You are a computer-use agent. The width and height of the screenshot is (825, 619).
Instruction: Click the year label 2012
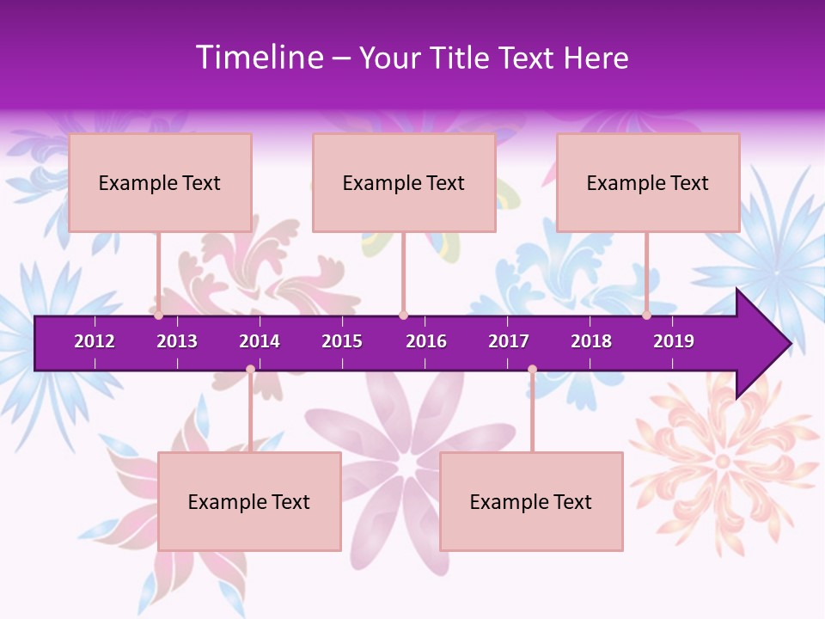tap(95, 341)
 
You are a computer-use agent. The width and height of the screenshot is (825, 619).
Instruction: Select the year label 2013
tap(177, 341)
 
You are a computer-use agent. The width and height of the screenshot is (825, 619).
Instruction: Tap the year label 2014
tap(260, 341)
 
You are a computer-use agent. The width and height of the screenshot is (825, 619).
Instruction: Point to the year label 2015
tap(342, 341)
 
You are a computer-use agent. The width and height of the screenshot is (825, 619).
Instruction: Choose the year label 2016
tap(426, 341)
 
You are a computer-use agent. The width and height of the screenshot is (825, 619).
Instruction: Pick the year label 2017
tap(509, 341)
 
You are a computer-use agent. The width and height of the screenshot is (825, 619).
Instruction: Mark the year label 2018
tap(591, 341)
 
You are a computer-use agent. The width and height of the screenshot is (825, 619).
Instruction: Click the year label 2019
tap(674, 341)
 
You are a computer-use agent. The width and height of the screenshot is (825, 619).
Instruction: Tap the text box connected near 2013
tap(160, 182)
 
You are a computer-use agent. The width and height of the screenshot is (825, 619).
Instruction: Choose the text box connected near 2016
tap(404, 182)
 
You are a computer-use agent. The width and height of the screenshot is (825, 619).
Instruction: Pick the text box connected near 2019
tap(648, 182)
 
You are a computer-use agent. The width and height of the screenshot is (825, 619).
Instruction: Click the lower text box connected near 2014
tap(249, 501)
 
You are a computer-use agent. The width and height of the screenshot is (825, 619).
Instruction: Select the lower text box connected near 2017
tap(531, 501)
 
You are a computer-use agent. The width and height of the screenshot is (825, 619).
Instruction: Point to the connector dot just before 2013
tap(159, 316)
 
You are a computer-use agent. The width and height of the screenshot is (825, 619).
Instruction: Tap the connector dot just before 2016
tap(403, 316)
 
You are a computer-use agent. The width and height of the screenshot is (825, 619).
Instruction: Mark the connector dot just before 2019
tap(647, 316)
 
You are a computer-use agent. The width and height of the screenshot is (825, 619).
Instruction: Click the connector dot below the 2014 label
tap(250, 370)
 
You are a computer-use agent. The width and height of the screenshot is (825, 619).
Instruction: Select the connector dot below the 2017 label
tap(532, 370)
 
